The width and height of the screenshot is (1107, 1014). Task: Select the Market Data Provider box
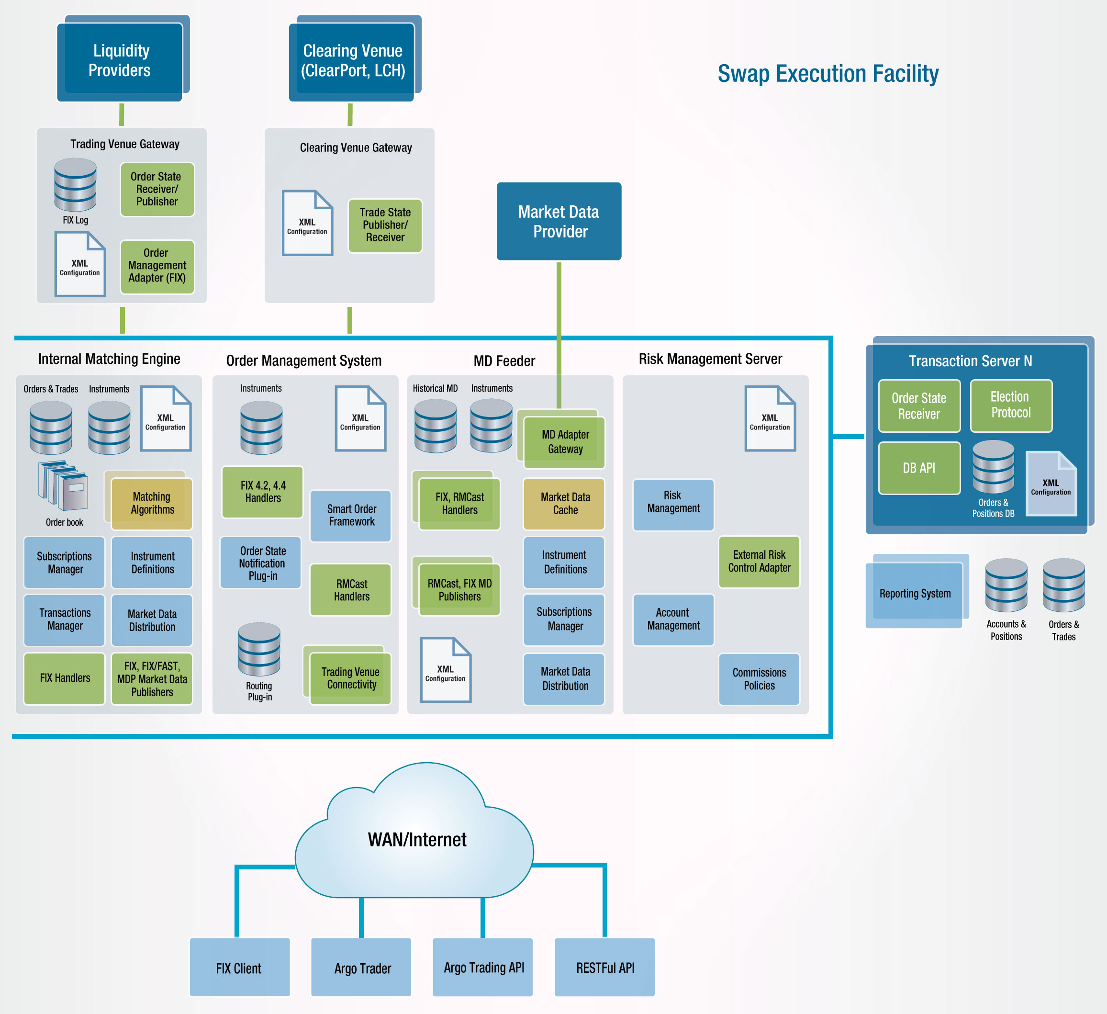559,221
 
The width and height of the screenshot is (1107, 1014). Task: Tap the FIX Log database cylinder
75,185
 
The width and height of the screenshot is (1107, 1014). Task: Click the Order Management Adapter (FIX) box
157,266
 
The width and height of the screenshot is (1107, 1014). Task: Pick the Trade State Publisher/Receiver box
385,225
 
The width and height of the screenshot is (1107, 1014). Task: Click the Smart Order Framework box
351,516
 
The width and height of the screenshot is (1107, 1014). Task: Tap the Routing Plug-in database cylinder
259,649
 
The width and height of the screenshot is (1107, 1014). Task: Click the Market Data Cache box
564,504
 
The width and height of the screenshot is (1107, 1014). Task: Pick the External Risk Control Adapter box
759,562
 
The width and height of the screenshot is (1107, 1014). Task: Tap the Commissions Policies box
759,679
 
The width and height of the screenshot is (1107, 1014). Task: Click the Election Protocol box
1011,406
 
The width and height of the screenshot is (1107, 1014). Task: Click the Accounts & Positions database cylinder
1006,586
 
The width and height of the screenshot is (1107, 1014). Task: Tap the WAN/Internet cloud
414,831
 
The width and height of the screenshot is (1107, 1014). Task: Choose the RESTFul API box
604,967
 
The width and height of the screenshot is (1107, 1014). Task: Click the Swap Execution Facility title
828,74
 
